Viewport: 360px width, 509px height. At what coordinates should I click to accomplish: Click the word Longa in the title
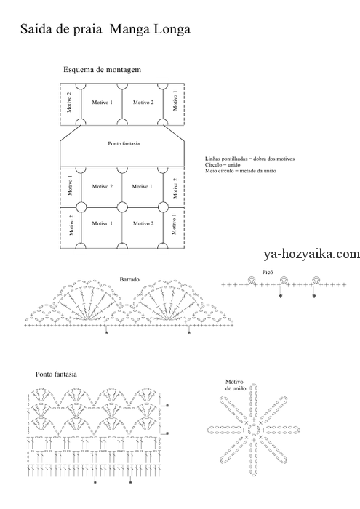pos(172,30)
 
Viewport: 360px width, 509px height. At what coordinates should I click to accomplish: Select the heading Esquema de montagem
pos(102,70)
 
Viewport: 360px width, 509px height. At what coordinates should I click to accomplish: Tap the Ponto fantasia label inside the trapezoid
pos(124,143)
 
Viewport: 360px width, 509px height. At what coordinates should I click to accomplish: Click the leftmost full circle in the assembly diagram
pos(81,207)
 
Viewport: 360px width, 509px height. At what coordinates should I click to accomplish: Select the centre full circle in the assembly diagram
pos(122,207)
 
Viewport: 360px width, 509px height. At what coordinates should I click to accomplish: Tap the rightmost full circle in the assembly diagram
pos(163,207)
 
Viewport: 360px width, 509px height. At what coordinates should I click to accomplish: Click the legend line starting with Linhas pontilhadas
pos(249,159)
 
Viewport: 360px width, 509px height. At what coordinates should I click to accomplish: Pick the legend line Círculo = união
pos(223,165)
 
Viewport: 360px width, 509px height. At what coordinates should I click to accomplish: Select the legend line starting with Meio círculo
pos(241,171)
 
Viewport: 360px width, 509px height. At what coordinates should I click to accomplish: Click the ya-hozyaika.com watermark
pos(311,254)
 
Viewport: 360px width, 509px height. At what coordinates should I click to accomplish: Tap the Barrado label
pos(129,279)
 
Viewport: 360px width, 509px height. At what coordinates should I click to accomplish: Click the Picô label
pos(268,273)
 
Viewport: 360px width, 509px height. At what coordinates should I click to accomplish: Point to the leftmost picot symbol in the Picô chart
pos(251,280)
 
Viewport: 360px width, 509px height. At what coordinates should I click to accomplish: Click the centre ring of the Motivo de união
pos(253,430)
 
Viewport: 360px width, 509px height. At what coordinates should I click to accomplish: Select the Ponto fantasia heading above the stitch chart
pos(56,374)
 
